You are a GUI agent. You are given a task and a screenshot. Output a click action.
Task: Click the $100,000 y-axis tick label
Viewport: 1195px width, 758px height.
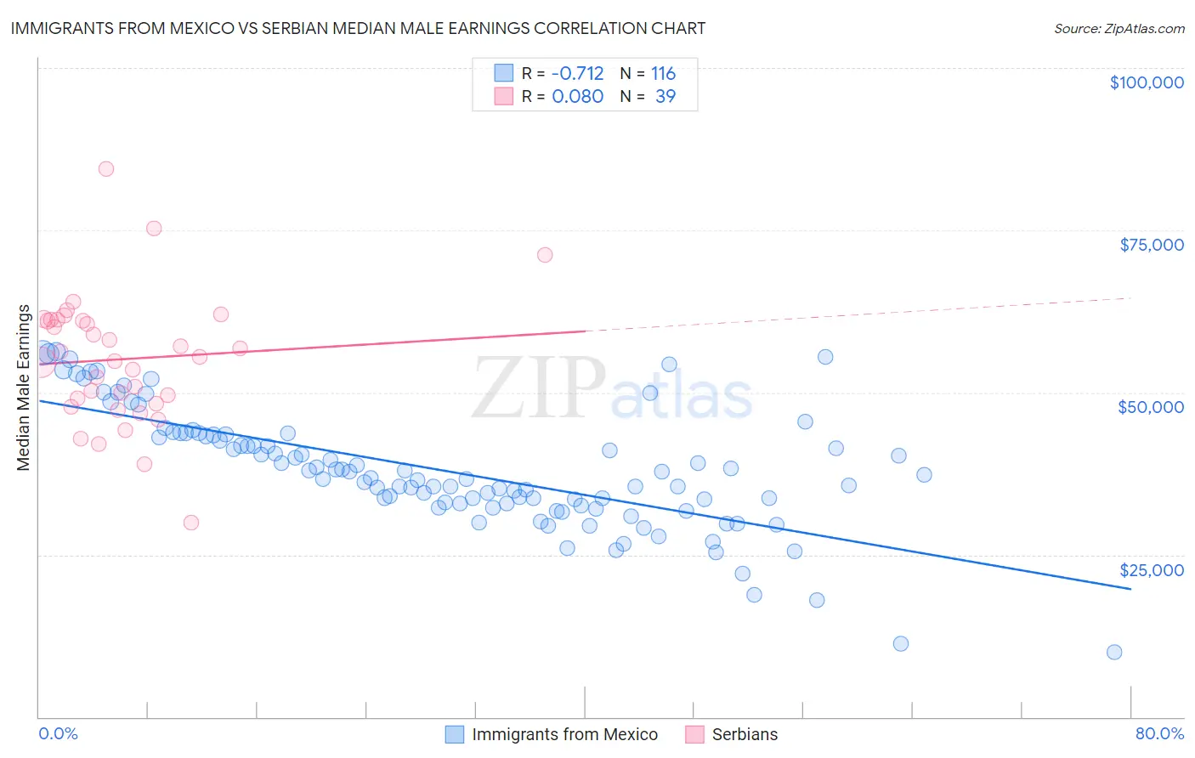(x=1146, y=82)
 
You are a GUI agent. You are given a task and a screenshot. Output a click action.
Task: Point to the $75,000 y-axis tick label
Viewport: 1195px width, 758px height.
(x=1151, y=245)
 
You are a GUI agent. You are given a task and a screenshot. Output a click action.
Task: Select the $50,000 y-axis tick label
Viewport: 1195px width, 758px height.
(x=1150, y=407)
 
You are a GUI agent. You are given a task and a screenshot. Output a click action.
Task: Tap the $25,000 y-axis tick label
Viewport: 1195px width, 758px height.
(x=1150, y=570)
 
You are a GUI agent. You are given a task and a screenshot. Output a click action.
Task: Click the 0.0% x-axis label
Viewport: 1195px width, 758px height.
(x=58, y=733)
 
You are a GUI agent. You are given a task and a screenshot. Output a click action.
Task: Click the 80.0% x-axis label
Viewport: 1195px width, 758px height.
(x=1159, y=733)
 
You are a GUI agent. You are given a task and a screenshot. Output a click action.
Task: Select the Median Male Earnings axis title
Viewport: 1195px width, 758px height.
(x=24, y=387)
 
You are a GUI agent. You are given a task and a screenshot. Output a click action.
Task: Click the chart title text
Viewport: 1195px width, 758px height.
(x=358, y=28)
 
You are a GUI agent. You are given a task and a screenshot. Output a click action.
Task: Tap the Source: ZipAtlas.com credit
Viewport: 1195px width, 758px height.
(x=1119, y=28)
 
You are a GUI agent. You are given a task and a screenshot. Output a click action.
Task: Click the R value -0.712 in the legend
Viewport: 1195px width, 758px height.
(x=578, y=73)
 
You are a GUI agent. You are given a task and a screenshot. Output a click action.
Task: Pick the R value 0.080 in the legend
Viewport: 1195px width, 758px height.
(x=578, y=96)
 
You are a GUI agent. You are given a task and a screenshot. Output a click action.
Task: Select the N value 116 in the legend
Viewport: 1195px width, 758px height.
(x=663, y=73)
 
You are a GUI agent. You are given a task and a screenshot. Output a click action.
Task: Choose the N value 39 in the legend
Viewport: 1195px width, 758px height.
(x=665, y=96)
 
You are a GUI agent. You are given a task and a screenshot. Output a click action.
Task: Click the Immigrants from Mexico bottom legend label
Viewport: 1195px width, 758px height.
(x=564, y=734)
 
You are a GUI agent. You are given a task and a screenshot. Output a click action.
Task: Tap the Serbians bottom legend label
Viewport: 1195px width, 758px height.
(x=745, y=734)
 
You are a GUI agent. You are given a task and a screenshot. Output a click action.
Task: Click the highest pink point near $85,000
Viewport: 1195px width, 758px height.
(x=106, y=168)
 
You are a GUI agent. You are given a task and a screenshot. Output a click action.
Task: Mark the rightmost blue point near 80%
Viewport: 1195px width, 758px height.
(x=1114, y=652)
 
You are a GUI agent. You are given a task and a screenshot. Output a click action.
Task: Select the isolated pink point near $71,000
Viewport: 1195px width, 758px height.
(x=545, y=255)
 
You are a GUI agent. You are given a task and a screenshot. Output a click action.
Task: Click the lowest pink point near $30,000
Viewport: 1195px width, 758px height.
(x=191, y=523)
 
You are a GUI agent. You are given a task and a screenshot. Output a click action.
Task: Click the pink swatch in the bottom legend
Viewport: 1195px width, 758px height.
(x=694, y=734)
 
